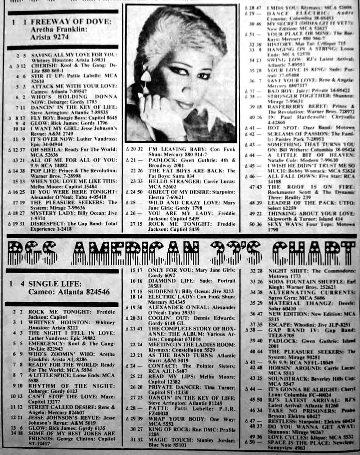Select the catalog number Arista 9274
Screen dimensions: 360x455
point(50,37)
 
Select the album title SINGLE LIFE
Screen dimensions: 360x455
point(55,284)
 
